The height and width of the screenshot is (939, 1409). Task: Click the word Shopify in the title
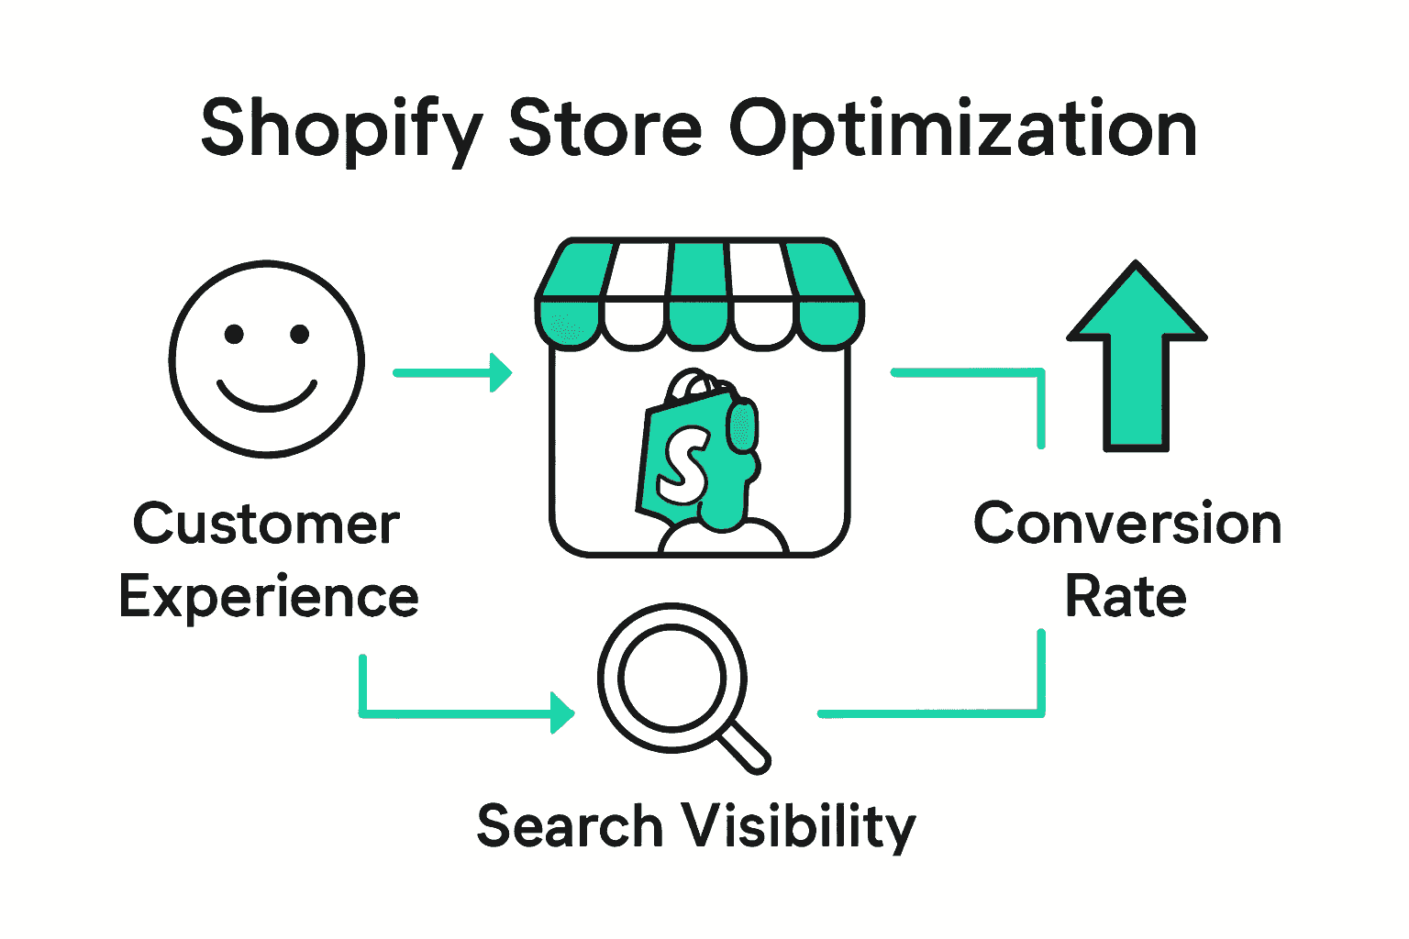click(341, 130)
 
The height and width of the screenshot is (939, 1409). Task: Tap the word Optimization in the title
click(963, 130)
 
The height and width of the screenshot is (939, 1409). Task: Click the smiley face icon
click(267, 359)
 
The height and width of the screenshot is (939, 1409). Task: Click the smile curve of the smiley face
click(267, 400)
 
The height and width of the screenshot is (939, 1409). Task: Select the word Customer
click(267, 525)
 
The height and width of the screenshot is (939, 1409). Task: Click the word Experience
click(269, 598)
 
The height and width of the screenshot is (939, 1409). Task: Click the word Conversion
click(1127, 525)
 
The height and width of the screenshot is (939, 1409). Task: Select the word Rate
click(1126, 598)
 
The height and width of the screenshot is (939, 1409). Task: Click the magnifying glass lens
click(671, 678)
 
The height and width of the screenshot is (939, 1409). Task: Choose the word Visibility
click(797, 827)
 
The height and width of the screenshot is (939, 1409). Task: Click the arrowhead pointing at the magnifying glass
click(561, 713)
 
